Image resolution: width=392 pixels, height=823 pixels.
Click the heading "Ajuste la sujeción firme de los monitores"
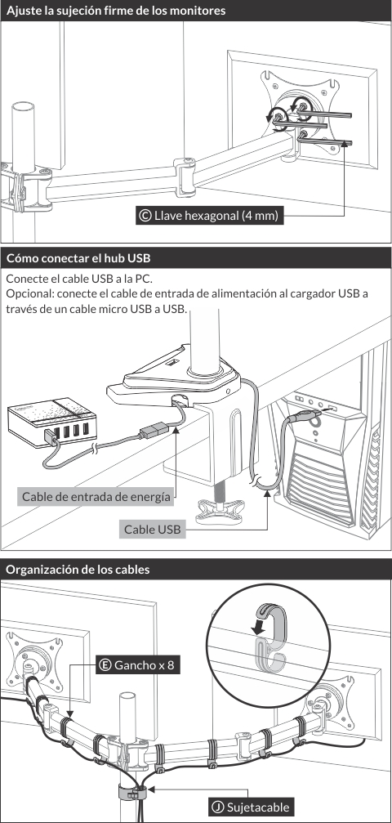tap(116, 11)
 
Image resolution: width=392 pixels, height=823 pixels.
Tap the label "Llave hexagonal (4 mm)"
tap(216, 215)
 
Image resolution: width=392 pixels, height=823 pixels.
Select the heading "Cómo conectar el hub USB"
tap(78, 258)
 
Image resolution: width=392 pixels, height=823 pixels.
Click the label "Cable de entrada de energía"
tap(96, 497)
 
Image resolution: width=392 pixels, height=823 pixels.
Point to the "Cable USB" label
tap(152, 529)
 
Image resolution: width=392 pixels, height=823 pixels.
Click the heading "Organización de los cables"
tap(78, 570)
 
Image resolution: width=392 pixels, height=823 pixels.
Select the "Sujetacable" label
tap(257, 807)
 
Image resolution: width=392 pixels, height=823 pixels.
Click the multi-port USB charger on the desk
tap(52, 420)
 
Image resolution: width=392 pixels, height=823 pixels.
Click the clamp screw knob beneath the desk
tap(220, 510)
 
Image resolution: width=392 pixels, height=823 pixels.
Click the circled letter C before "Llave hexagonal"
tap(145, 215)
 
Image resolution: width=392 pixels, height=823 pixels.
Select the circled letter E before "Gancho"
tap(105, 665)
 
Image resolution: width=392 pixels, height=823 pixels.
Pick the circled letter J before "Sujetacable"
tap(217, 807)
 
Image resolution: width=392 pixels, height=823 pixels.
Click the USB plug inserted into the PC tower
tap(305, 418)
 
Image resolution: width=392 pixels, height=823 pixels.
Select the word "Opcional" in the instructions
tap(27, 294)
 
